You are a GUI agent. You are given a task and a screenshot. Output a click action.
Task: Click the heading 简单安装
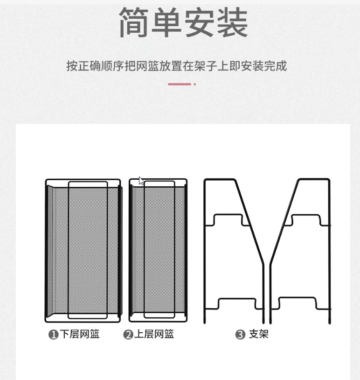[183, 22]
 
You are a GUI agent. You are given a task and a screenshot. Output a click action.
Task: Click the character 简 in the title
[134, 22]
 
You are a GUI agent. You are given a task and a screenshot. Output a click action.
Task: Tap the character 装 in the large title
[232, 22]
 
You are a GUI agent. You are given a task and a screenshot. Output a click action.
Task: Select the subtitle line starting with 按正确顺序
[176, 66]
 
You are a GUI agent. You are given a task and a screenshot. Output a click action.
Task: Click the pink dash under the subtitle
[180, 84]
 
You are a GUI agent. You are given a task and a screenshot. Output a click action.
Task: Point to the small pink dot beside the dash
[194, 84]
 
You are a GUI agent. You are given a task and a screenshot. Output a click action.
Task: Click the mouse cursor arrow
[141, 181]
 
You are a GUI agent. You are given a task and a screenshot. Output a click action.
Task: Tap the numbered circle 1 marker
[53, 335]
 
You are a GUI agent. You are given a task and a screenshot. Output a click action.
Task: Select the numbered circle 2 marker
[128, 335]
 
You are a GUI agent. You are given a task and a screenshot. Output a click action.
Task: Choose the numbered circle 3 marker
[240, 335]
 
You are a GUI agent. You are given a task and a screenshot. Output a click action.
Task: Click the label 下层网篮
[80, 334]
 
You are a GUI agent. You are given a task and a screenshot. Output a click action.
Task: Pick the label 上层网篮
[154, 334]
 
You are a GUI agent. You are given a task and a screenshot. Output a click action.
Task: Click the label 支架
[259, 334]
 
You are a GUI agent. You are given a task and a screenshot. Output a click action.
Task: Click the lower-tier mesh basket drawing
[83, 250]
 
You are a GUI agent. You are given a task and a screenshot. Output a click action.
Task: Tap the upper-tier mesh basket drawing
[158, 250]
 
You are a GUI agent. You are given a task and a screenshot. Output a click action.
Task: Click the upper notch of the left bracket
[228, 218]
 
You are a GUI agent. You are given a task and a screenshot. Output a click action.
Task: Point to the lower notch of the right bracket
[298, 303]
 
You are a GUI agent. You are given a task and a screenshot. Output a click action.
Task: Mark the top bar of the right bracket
[313, 179]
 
